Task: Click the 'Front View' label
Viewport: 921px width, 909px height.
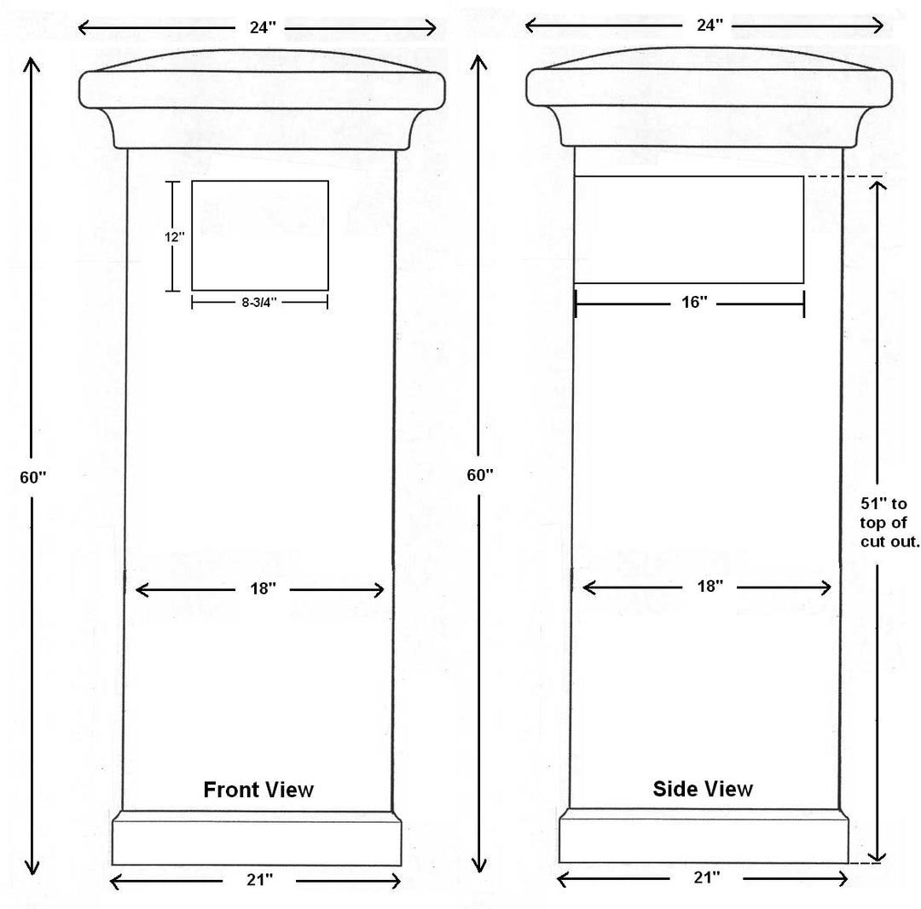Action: click(x=258, y=790)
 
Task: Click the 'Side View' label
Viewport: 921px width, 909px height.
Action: click(x=703, y=789)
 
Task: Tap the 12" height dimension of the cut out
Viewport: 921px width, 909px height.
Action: click(x=175, y=237)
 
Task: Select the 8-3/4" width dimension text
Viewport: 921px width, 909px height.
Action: click(x=259, y=302)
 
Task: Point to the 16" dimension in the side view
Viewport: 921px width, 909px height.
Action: click(x=694, y=302)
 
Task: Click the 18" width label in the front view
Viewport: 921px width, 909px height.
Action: click(x=263, y=588)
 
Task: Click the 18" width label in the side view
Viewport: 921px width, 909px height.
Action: click(x=710, y=586)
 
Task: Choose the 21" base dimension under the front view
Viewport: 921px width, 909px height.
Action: click(x=259, y=880)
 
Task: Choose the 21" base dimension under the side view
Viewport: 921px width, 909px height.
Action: click(x=707, y=877)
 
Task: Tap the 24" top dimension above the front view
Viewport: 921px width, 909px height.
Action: click(x=263, y=27)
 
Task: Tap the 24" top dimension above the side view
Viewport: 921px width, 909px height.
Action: click(x=710, y=26)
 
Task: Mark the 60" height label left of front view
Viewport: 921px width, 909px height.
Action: click(x=33, y=478)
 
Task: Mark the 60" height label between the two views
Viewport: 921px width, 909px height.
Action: click(x=480, y=475)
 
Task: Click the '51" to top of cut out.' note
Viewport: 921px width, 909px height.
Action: click(x=889, y=522)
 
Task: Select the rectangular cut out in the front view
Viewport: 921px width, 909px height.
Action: click(x=259, y=235)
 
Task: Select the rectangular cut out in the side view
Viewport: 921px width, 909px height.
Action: click(x=689, y=229)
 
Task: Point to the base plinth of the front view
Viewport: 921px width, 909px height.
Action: click(x=257, y=838)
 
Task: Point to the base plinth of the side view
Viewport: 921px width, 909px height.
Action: click(x=704, y=836)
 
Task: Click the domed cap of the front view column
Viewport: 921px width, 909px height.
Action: click(x=262, y=99)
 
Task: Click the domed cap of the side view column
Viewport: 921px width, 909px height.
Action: click(x=709, y=97)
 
